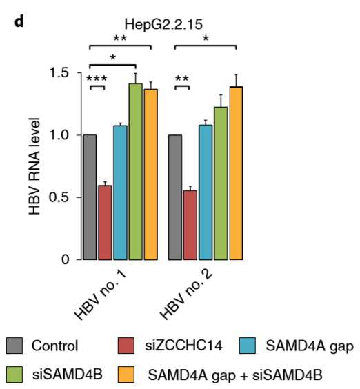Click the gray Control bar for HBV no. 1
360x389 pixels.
pos(90,197)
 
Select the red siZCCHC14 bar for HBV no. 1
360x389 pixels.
pos(105,223)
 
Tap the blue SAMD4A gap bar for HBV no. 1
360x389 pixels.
pos(120,192)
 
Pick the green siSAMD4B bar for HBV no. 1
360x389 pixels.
pos(135,172)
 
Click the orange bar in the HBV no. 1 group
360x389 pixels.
pos(151,174)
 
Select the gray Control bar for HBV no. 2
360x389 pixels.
pos(175,197)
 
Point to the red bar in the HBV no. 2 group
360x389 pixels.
pos(190,226)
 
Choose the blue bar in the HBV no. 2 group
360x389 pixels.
pos(206,192)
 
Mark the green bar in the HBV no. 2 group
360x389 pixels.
pos(221,183)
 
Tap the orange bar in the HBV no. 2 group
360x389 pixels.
pos(236,173)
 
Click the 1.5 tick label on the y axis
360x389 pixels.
pos(59,72)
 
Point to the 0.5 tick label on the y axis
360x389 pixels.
pos(59,197)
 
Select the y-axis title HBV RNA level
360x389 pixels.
pos(34,166)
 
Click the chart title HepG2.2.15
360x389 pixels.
pos(163,25)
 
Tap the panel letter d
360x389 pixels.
pos(19,22)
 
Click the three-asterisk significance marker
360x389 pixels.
pos(97,79)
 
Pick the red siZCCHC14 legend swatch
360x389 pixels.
pos(126,346)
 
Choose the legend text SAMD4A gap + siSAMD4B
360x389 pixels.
pos(235,375)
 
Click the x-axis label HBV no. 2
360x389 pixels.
pos(186,295)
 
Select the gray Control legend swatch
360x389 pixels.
pos(14,346)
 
